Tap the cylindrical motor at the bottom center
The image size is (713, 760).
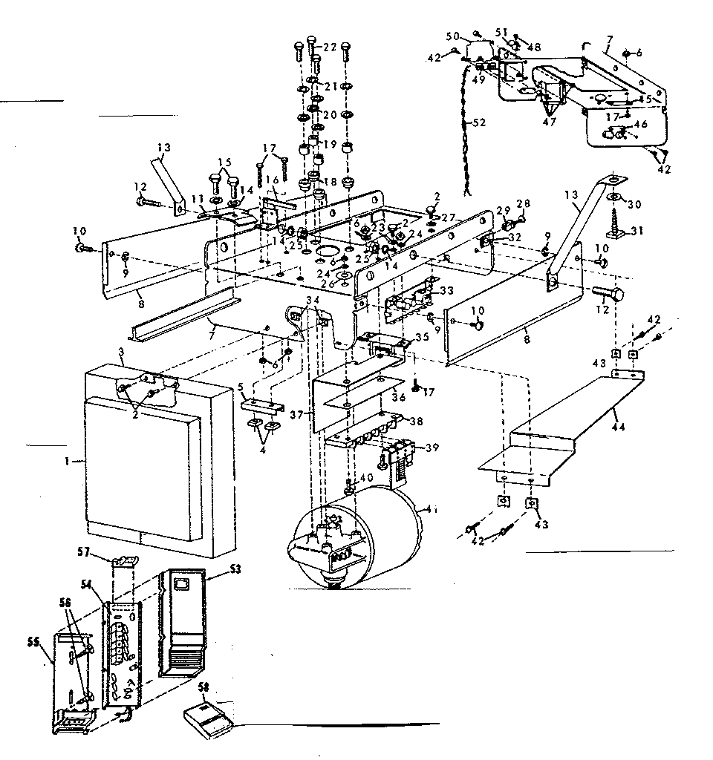[371, 531]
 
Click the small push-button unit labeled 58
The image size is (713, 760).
[208, 715]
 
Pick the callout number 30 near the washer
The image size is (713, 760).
[637, 203]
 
